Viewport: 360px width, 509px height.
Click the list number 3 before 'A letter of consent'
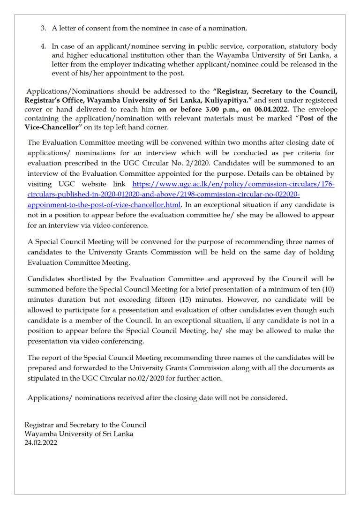(43, 28)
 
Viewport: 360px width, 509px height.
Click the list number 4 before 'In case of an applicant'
(43, 47)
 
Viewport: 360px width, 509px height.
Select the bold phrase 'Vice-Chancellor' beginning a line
(52, 127)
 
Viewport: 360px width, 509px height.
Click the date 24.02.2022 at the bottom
(41, 442)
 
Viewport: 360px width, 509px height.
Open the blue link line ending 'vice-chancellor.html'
(104, 205)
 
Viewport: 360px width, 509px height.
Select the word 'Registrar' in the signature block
(39, 425)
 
